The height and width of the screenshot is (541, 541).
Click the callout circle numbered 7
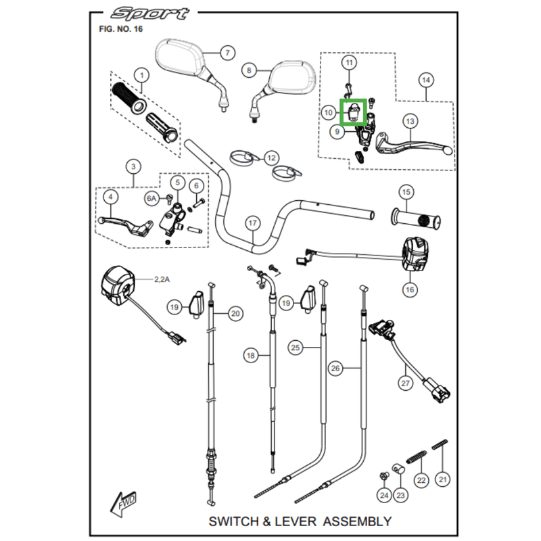[227, 53]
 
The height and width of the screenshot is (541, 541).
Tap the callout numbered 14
[425, 80]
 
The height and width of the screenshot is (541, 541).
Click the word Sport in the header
[151, 14]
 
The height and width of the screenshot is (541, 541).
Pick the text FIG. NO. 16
[120, 30]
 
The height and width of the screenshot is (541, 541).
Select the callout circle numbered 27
[405, 383]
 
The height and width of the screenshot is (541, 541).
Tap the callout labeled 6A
[151, 198]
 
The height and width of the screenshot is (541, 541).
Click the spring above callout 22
[418, 460]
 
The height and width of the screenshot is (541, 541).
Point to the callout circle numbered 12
[270, 158]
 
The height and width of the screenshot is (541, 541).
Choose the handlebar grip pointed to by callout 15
[415, 220]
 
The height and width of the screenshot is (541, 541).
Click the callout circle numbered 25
[295, 348]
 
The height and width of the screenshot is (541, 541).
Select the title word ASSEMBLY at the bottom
[356, 521]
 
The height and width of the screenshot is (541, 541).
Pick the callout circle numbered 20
[235, 313]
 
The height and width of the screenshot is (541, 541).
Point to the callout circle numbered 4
[110, 197]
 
